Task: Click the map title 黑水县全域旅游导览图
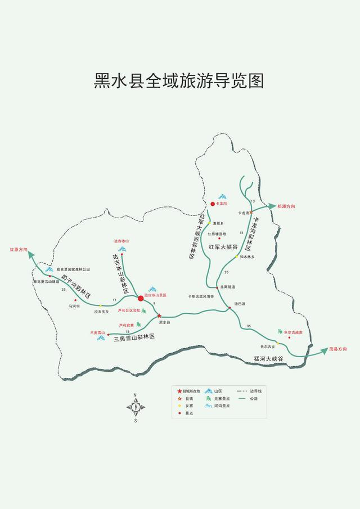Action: [179, 80]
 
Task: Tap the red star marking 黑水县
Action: [159, 316]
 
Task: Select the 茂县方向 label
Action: [337, 349]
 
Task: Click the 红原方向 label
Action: [19, 249]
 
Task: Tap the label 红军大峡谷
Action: [223, 246]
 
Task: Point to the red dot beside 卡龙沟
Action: [213, 204]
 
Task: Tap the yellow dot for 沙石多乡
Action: [100, 305]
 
